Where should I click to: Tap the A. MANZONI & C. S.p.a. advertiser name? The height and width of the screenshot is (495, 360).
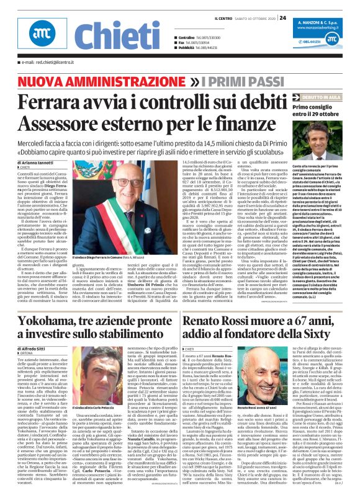click(x=322, y=21)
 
